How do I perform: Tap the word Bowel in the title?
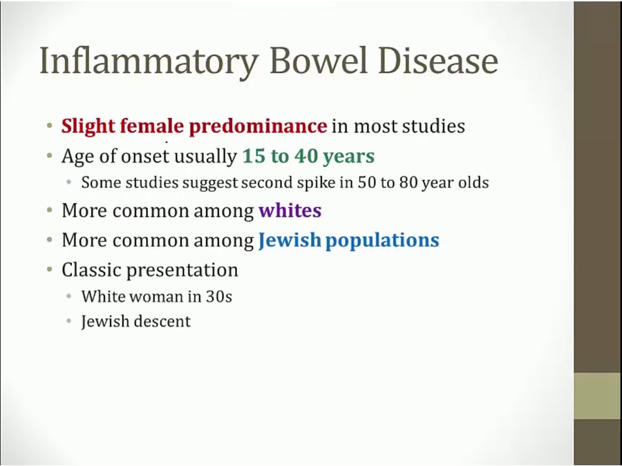click(x=319, y=60)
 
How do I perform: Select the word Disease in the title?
click(x=438, y=60)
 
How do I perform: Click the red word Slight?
click(x=88, y=127)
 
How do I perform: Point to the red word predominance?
click(x=258, y=127)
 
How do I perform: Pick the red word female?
click(x=152, y=126)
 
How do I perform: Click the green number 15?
click(x=254, y=156)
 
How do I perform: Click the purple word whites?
click(x=290, y=211)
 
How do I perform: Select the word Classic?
click(x=91, y=270)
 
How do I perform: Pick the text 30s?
click(x=218, y=297)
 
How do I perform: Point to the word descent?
click(x=162, y=321)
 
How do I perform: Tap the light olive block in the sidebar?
click(x=598, y=396)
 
